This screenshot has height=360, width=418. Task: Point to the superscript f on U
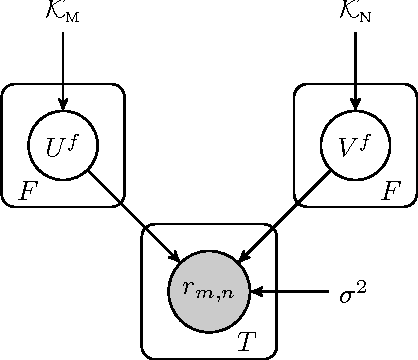(x=75, y=137)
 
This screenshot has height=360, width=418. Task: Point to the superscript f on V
(x=367, y=137)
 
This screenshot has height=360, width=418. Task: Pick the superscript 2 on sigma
(x=362, y=286)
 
